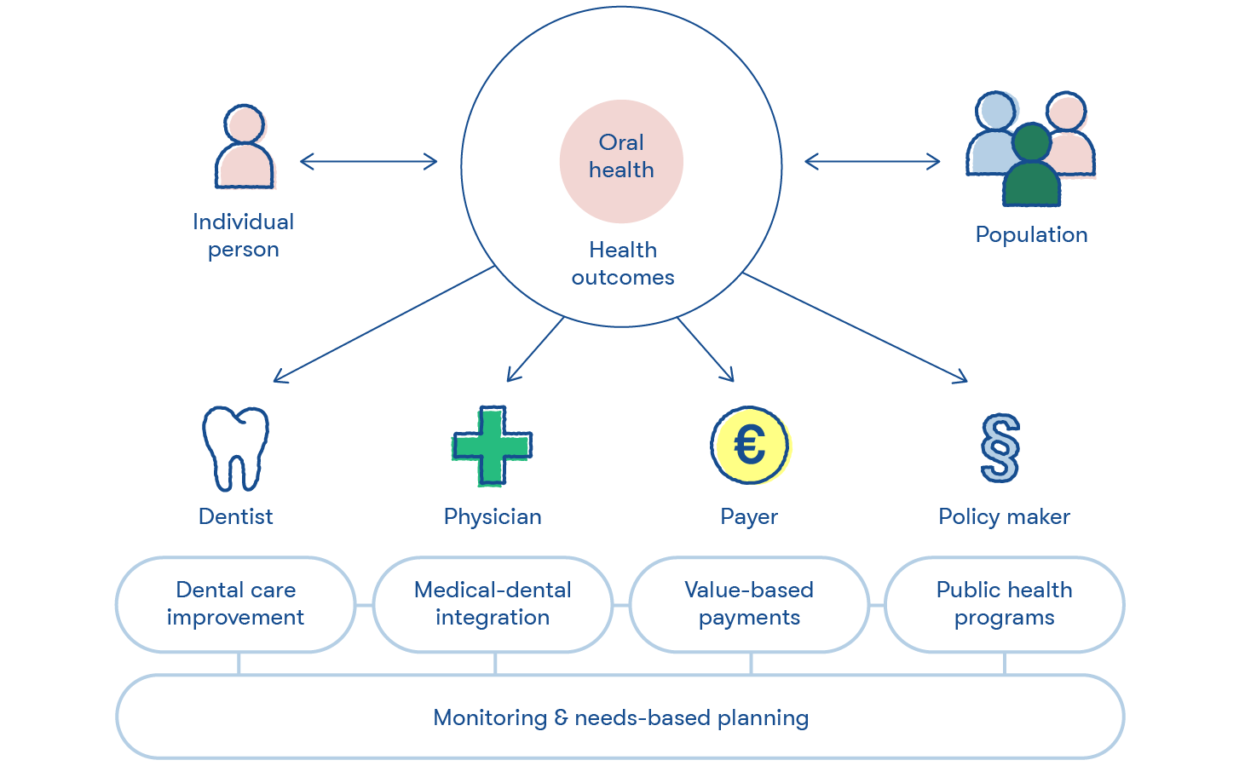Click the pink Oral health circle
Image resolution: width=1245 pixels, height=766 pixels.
click(x=621, y=161)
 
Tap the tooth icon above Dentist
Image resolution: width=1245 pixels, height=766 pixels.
click(x=236, y=449)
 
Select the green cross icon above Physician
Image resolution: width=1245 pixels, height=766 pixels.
click(x=493, y=446)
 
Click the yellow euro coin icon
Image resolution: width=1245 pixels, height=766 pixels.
click(x=751, y=446)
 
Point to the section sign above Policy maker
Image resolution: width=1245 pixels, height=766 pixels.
click(x=1000, y=448)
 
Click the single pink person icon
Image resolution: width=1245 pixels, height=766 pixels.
click(x=245, y=147)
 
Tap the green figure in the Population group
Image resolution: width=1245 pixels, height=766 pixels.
click(x=1032, y=164)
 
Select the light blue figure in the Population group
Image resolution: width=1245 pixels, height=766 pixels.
click(x=993, y=134)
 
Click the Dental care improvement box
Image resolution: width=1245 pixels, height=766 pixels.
click(x=236, y=604)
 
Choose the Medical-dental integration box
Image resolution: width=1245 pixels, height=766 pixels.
click(x=493, y=604)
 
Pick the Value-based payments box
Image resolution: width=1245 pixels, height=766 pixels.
click(x=749, y=604)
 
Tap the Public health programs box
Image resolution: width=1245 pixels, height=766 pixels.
click(x=1005, y=604)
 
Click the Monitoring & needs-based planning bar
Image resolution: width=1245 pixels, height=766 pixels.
click(x=620, y=717)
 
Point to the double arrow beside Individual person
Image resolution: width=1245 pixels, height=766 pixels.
click(x=368, y=162)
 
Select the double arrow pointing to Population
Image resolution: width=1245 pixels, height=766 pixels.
click(x=873, y=162)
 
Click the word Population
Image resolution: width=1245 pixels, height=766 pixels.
click(x=1032, y=234)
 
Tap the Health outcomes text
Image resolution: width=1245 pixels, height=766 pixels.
click(x=623, y=263)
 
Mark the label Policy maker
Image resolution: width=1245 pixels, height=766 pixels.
click(x=1005, y=517)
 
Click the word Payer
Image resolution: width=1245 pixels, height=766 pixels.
click(x=749, y=517)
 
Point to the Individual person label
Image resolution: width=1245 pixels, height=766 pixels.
click(x=244, y=236)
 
